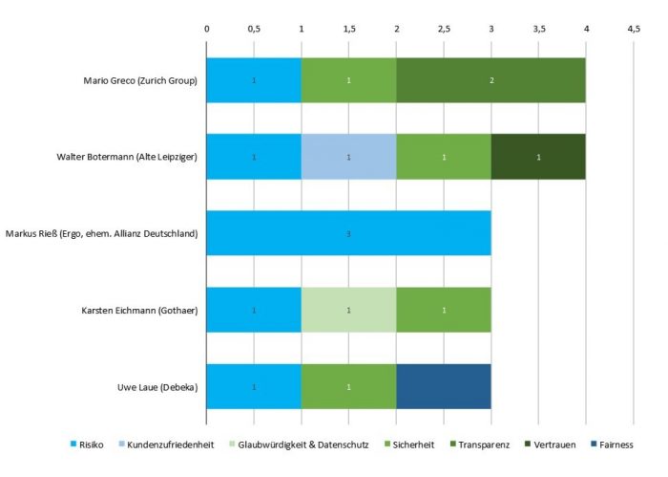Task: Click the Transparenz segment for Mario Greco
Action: pyautogui.click(x=491, y=80)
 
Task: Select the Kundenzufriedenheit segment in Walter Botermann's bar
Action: pyautogui.click(x=348, y=157)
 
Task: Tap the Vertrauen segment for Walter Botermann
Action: pyautogui.click(x=538, y=157)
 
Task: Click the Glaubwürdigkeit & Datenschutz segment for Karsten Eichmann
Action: pyautogui.click(x=348, y=311)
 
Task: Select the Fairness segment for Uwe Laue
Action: pyautogui.click(x=443, y=387)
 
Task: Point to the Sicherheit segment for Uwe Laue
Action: pyautogui.click(x=348, y=387)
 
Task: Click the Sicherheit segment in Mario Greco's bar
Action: pyautogui.click(x=348, y=80)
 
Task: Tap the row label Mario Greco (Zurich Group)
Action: pyautogui.click(x=140, y=80)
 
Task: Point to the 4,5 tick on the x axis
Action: pyautogui.click(x=634, y=30)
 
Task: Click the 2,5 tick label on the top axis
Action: pyautogui.click(x=444, y=30)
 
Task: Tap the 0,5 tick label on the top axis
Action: pyautogui.click(x=254, y=30)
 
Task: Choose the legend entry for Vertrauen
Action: pyautogui.click(x=557, y=444)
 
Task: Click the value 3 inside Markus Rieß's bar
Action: pyautogui.click(x=348, y=234)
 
